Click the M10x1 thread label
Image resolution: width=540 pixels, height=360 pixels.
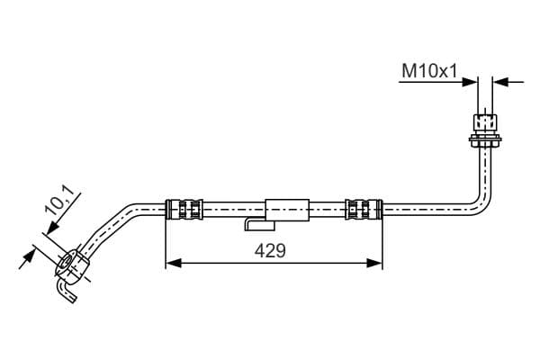pyautogui.click(x=429, y=71)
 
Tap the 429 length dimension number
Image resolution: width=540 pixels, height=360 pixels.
pyautogui.click(x=270, y=250)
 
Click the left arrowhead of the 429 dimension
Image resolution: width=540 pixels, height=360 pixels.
pyautogui.click(x=173, y=263)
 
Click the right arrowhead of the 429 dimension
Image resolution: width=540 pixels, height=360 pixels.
pyautogui.click(x=374, y=263)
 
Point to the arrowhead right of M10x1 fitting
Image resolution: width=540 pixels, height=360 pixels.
pyautogui.click(x=500, y=82)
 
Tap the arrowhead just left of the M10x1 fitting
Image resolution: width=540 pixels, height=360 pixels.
pyautogui.click(x=470, y=82)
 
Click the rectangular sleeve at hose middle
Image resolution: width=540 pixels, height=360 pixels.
pyautogui.click(x=287, y=210)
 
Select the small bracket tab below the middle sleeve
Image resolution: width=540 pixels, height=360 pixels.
pyautogui.click(x=260, y=225)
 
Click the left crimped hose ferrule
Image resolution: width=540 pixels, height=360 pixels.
pyautogui.click(x=184, y=209)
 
